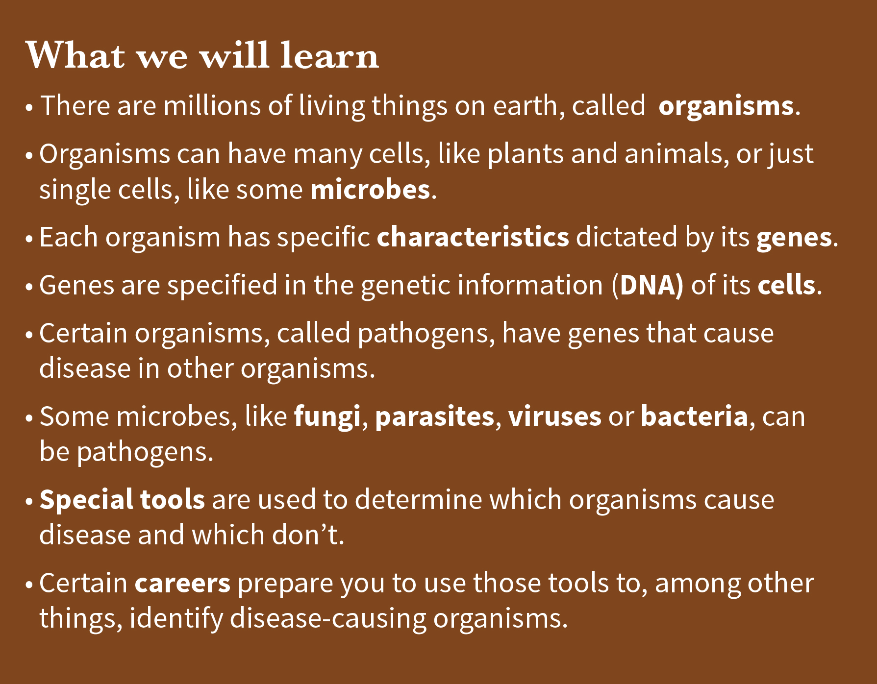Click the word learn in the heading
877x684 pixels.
pos(329,54)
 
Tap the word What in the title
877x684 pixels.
pos(75,54)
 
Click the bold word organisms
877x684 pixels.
pos(726,106)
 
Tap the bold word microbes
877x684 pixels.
pos(370,189)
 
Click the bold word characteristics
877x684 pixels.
pos(473,237)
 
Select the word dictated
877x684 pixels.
pos(627,237)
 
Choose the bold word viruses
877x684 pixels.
pos(555,416)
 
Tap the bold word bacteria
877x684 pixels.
pos(695,416)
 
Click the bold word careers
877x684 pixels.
pos(183,584)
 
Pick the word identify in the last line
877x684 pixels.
pos(176,619)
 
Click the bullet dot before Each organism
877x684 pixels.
pos(29,239)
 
